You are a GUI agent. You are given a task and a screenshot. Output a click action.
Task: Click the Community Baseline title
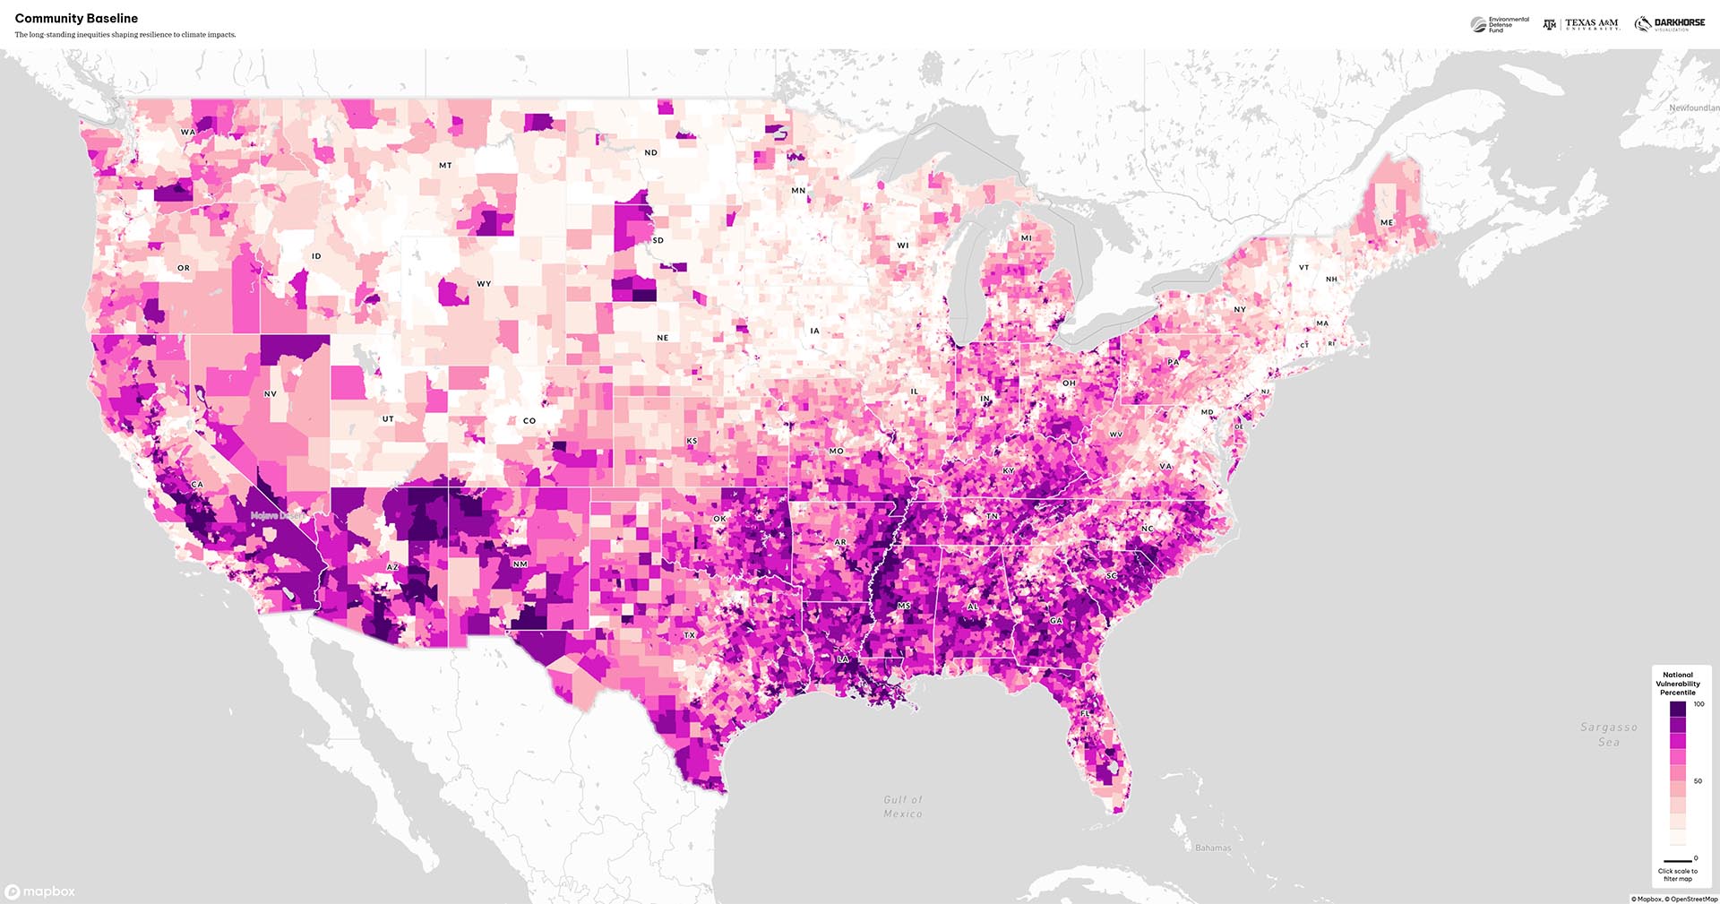(x=76, y=18)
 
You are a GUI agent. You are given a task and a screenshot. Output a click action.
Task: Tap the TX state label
(x=690, y=635)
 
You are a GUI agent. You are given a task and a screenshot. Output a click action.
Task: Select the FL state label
(x=1085, y=713)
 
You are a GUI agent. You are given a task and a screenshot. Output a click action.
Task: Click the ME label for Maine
(x=1387, y=222)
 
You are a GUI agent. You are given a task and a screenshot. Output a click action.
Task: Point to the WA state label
(x=187, y=132)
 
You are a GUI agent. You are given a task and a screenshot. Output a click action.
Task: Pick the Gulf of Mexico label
(x=903, y=806)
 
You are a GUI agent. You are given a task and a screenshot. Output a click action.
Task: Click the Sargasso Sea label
(x=1609, y=735)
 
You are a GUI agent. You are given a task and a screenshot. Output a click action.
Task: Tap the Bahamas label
(x=1213, y=848)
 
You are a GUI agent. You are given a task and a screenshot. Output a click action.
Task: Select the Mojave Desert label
(x=278, y=516)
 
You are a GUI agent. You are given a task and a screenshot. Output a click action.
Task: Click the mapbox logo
(x=40, y=891)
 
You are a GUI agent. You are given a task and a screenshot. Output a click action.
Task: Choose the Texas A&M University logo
(x=1581, y=24)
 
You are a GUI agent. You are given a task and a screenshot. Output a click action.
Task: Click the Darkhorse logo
(x=1670, y=24)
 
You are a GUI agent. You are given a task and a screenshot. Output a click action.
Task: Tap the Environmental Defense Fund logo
(x=1501, y=24)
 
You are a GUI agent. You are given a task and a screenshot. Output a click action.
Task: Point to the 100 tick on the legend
(x=1698, y=704)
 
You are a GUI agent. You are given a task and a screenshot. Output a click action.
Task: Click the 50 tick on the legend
(x=1698, y=781)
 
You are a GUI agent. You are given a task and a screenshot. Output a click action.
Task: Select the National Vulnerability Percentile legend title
(x=1678, y=684)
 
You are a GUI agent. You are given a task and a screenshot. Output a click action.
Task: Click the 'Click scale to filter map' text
(x=1678, y=874)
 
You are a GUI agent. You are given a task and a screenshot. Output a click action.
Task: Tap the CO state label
(x=529, y=420)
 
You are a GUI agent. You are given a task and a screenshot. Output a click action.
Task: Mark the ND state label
(x=651, y=152)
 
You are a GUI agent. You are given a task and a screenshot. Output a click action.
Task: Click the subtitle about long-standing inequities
(x=125, y=35)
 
